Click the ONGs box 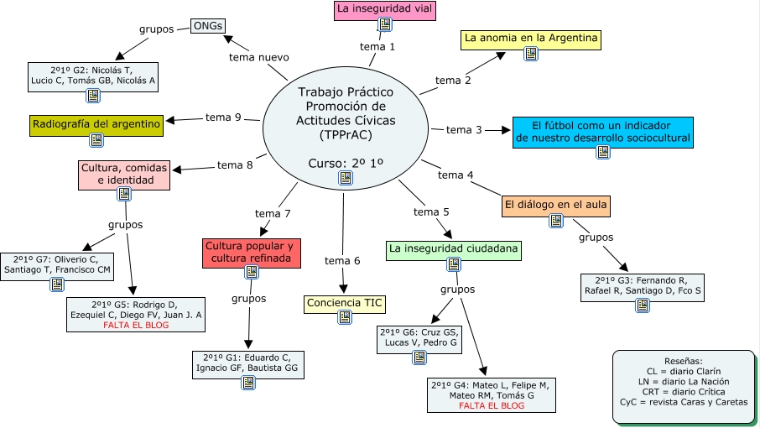point(207,26)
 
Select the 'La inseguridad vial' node point(385,10)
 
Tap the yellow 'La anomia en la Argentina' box point(531,39)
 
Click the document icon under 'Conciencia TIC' point(345,317)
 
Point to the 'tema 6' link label point(342,261)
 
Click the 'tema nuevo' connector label point(259,57)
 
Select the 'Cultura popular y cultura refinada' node point(251,253)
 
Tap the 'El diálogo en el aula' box point(556,204)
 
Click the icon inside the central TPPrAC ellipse point(345,178)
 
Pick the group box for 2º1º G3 point(643,286)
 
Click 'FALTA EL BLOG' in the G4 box point(492,405)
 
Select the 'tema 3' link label point(464,130)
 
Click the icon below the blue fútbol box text point(603,152)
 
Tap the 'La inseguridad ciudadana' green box point(454,248)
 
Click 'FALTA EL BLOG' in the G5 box point(135,325)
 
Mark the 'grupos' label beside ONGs point(156,29)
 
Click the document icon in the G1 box point(248,382)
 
